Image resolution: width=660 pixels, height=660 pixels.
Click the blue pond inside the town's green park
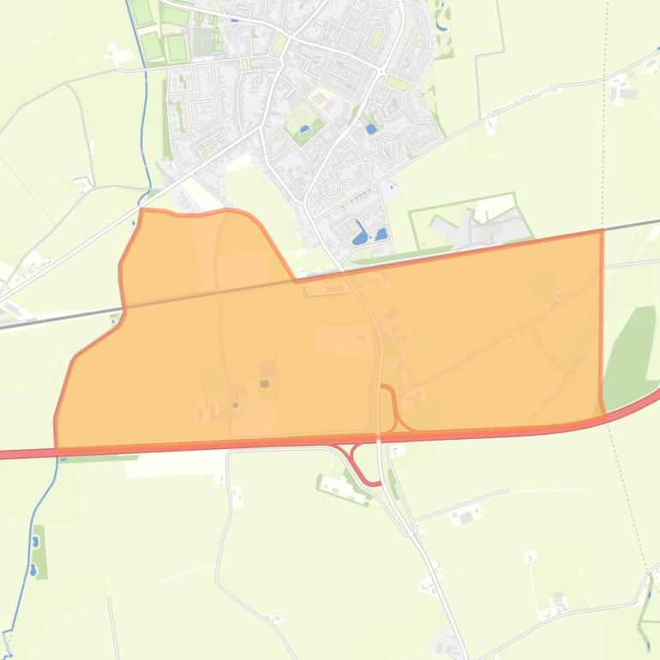305,129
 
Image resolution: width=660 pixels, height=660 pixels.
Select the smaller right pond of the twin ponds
381,232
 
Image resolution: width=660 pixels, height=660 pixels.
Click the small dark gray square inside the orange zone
264,384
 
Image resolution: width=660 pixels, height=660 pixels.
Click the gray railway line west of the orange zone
51,321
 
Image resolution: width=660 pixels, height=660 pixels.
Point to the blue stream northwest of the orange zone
146,129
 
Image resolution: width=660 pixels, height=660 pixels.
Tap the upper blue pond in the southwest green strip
35,542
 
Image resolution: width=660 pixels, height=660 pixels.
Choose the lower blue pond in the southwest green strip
33,568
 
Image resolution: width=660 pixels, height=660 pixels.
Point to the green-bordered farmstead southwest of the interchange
342,488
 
